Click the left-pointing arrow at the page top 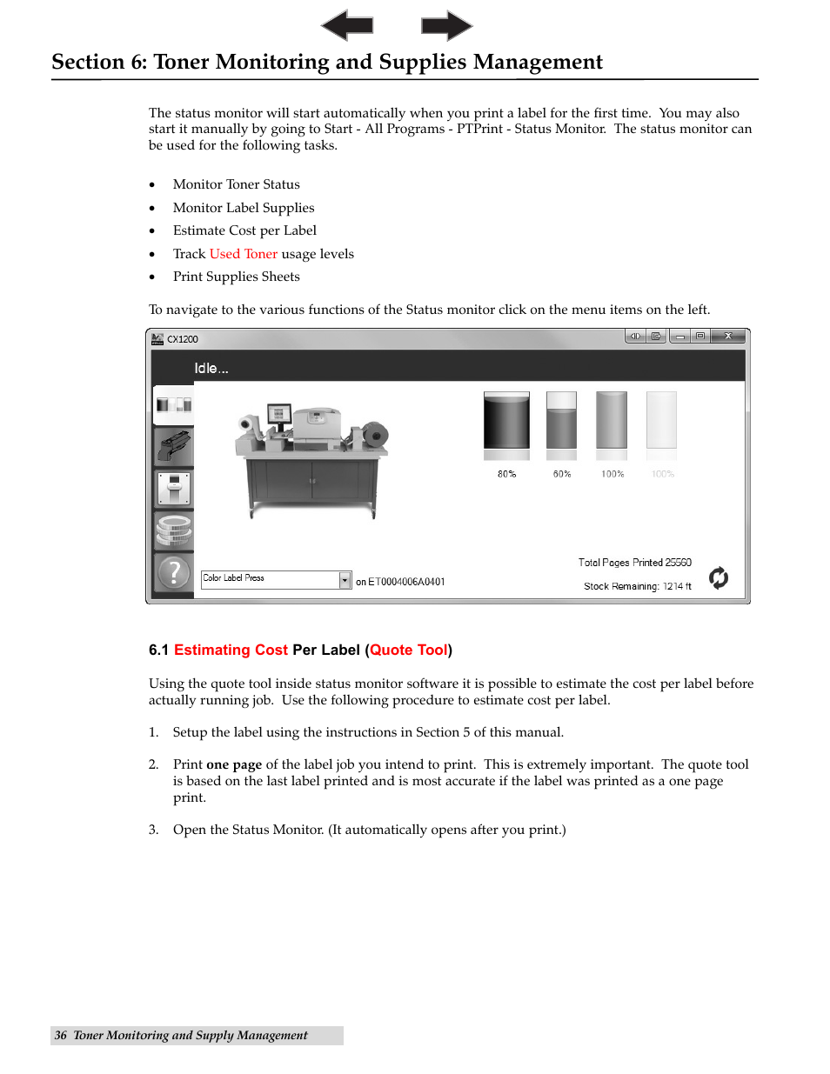(x=347, y=25)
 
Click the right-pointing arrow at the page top (x=446, y=25)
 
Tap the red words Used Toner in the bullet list (x=244, y=254)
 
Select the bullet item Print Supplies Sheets (x=236, y=277)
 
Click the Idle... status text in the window (x=211, y=368)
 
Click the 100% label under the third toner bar (x=612, y=474)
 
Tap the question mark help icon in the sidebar (x=174, y=572)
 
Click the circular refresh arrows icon (x=719, y=577)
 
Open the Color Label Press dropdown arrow (x=345, y=580)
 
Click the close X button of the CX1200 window (x=728, y=337)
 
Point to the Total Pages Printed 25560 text (x=634, y=563)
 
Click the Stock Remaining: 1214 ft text (x=637, y=586)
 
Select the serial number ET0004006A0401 (x=406, y=582)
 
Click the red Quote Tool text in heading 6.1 (x=408, y=650)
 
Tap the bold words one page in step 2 (x=234, y=764)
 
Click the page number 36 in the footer (x=60, y=1035)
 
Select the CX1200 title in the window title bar (x=183, y=339)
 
